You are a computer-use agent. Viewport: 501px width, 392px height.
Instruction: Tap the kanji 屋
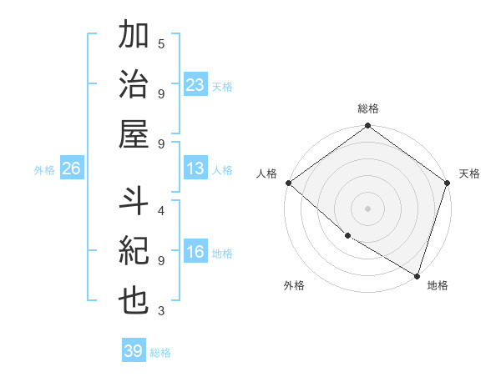(x=134, y=133)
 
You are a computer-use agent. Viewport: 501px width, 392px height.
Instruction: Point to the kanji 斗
(x=134, y=202)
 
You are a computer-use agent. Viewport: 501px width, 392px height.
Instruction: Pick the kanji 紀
(x=134, y=251)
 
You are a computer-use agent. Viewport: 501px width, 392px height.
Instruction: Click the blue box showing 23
(x=195, y=84)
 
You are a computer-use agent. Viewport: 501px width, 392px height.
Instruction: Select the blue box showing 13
(x=195, y=168)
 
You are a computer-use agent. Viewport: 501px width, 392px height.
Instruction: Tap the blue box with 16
(x=195, y=252)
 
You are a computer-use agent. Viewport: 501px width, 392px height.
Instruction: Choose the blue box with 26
(x=71, y=168)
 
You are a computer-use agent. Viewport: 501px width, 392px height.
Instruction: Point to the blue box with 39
(x=134, y=351)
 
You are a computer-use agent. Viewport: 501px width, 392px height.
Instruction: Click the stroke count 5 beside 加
(x=161, y=43)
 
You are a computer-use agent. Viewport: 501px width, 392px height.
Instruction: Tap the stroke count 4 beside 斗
(x=161, y=210)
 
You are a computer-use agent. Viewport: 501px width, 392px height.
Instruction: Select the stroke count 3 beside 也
(x=161, y=311)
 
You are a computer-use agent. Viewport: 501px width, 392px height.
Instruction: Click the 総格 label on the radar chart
(x=368, y=108)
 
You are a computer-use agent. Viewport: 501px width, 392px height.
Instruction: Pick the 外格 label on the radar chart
(x=294, y=285)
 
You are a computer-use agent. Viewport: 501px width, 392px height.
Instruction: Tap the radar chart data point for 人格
(x=288, y=183)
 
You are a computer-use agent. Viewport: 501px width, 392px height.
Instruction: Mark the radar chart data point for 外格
(x=347, y=236)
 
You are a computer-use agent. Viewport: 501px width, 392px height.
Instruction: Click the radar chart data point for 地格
(x=417, y=275)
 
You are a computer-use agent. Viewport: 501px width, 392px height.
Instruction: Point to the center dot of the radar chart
(x=367, y=208)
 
